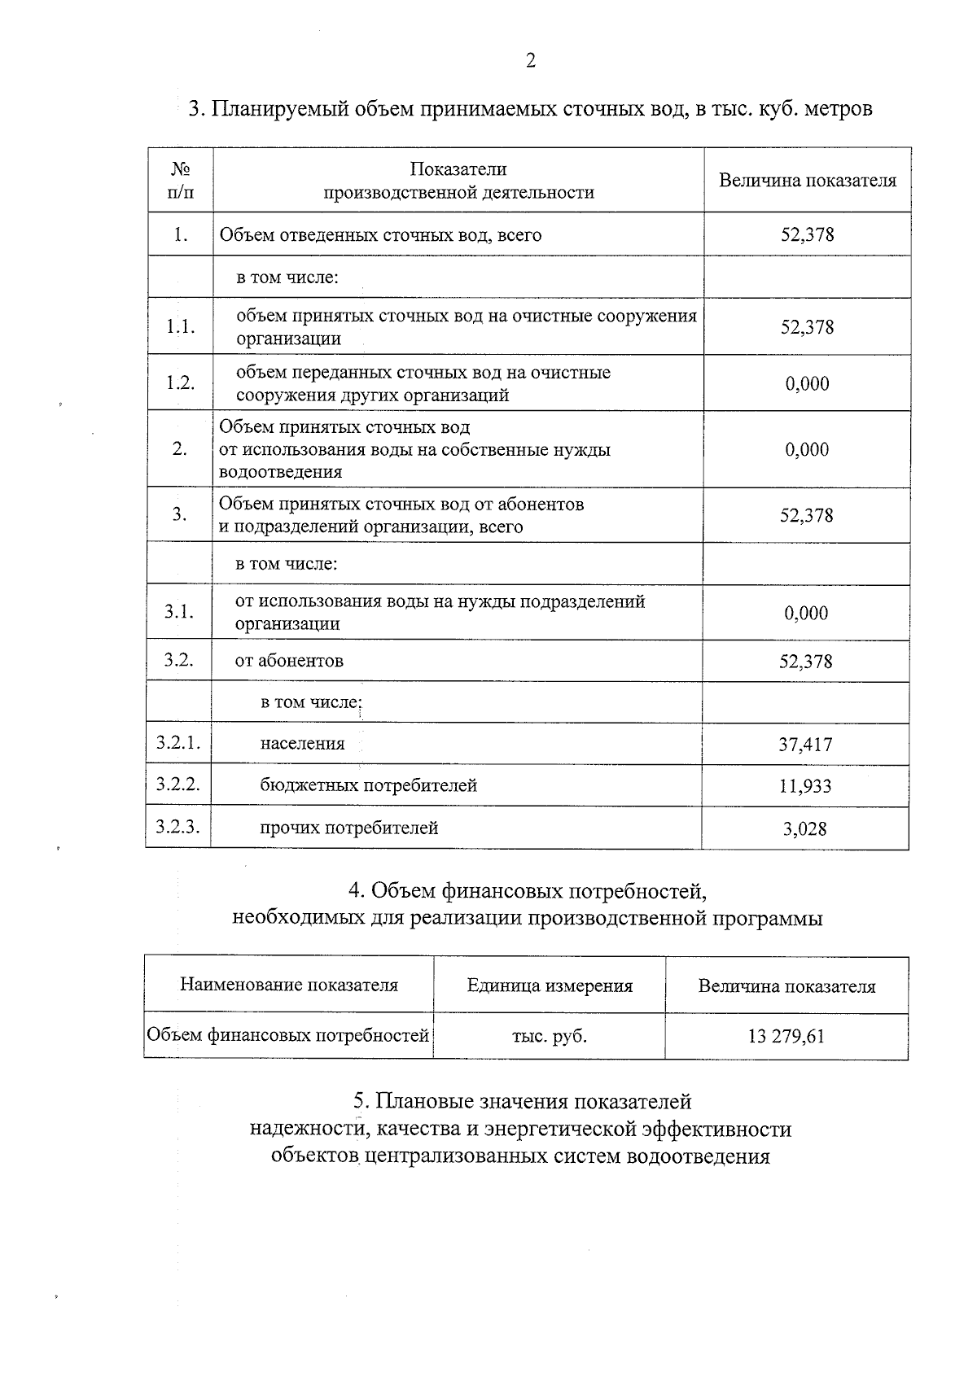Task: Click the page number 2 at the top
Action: (x=530, y=61)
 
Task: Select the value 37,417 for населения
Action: (x=805, y=744)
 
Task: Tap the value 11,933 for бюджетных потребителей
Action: (x=805, y=786)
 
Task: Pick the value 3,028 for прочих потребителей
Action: (x=804, y=828)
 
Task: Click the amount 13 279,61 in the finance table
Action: (x=786, y=1037)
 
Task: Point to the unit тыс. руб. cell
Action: (x=549, y=1037)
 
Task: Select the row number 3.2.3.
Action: (x=177, y=827)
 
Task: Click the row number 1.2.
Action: (x=180, y=382)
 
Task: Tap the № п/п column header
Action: (x=180, y=181)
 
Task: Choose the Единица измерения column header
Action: (x=550, y=985)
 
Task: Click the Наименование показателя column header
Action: (x=288, y=985)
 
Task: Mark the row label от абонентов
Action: (x=289, y=661)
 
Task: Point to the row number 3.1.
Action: (x=178, y=612)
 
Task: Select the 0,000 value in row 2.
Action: (x=807, y=449)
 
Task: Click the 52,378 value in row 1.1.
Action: (x=807, y=327)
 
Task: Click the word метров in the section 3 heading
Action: (x=838, y=108)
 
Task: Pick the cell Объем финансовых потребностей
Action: (x=287, y=1036)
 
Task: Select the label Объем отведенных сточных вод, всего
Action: (x=380, y=235)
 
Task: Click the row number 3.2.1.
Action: (x=177, y=742)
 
